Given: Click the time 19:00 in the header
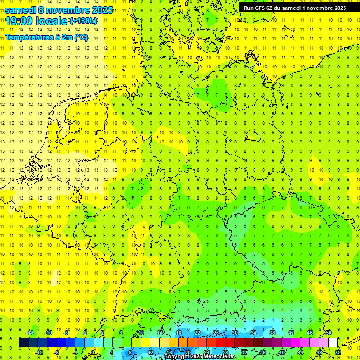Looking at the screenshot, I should pos(18,22).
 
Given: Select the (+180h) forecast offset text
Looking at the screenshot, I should pos(83,21).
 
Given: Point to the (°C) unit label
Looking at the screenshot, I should pos(81,37).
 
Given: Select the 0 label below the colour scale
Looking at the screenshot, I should pos(93,352).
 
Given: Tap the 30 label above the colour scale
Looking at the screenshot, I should pos(235,333).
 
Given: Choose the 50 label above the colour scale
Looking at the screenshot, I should pos(329,333).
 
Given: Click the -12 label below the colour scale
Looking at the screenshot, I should pos(39,352).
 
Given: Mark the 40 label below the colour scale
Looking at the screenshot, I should pos(282,352).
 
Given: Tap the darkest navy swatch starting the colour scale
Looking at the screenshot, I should pos(23,343).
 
